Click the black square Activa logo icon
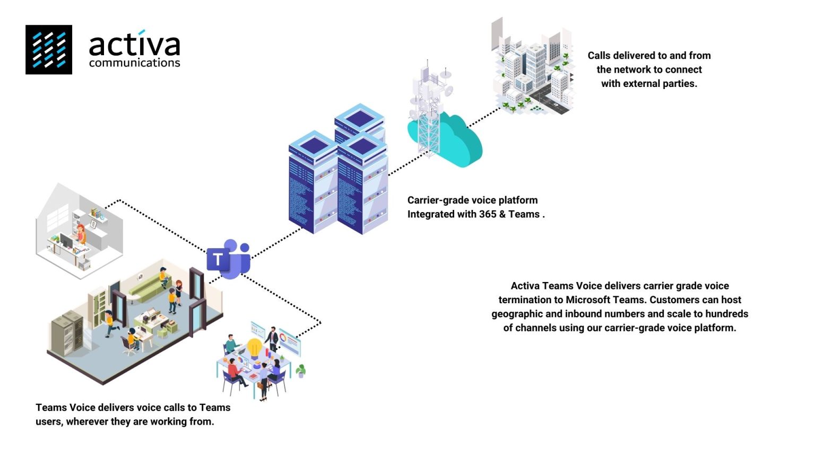pos(49,49)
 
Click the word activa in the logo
pos(134,45)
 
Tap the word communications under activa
pos(134,63)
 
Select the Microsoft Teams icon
pos(229,259)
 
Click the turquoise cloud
pos(456,140)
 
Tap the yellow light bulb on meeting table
pos(255,348)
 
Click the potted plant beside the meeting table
pos(301,370)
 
